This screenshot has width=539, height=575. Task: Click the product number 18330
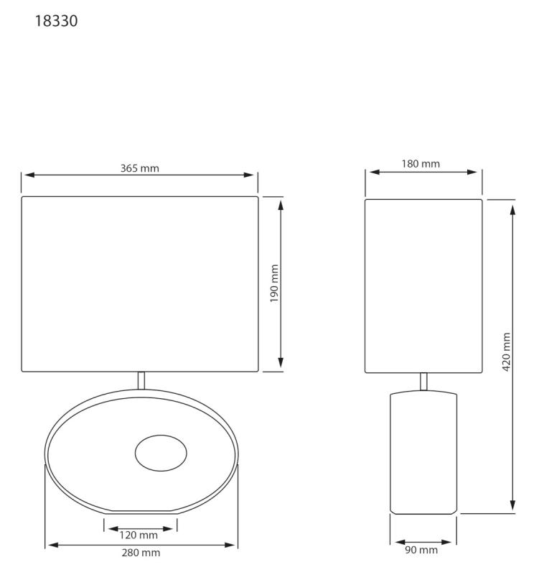(56, 21)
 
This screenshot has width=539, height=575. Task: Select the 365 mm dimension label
(140, 168)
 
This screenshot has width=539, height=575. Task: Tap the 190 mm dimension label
(274, 283)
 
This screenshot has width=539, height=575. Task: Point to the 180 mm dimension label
(421, 164)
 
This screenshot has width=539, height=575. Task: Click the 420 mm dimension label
(507, 352)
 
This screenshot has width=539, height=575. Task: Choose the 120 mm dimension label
(139, 535)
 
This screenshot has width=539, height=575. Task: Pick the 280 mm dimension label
(141, 553)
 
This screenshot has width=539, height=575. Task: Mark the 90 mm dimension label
(421, 550)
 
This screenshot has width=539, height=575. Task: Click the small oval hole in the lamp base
(161, 454)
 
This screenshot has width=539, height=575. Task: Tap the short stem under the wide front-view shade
(141, 381)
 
